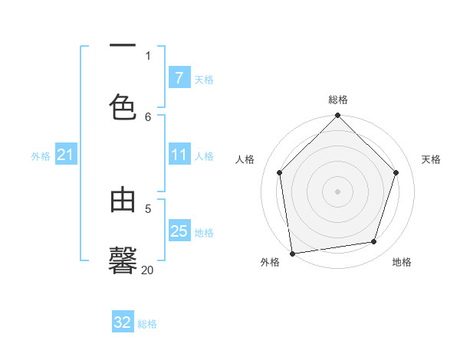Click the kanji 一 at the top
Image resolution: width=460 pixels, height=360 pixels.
[123, 46]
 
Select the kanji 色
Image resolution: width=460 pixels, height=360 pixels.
[123, 106]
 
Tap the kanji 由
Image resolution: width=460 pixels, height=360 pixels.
[123, 200]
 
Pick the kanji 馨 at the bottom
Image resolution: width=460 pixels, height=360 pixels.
[123, 260]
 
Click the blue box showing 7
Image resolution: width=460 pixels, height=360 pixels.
[179, 78]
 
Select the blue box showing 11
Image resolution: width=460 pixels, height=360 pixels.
[179, 155]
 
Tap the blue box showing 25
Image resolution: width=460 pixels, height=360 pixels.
[179, 231]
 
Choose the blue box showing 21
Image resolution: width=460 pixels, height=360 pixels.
[65, 155]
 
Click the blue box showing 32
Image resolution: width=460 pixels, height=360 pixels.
[123, 322]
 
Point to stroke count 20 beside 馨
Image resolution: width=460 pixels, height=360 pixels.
[147, 270]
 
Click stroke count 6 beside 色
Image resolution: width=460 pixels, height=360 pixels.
[148, 116]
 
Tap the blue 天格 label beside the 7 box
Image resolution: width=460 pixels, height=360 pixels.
[204, 79]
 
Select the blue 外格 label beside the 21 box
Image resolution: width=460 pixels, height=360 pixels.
[41, 155]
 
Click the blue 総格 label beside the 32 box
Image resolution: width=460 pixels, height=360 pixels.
[147, 323]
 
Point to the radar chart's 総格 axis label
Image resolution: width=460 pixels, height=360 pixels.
[337, 100]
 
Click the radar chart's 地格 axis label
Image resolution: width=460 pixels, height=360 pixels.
[402, 262]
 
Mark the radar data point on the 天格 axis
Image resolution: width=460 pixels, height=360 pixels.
[396, 172]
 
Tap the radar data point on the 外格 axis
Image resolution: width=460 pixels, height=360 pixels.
[292, 253]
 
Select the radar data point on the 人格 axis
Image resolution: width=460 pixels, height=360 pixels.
[279, 172]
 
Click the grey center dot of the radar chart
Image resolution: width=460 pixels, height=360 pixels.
[337, 191]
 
